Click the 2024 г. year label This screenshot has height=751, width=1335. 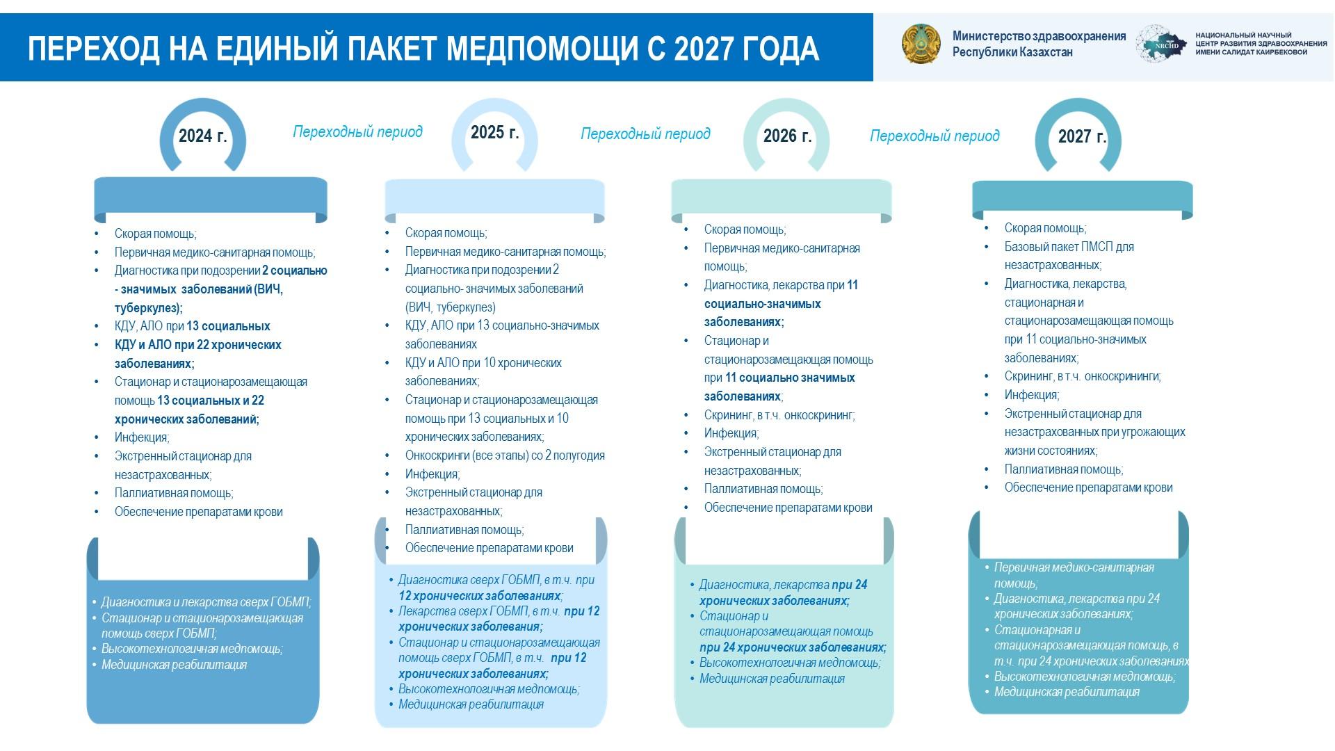point(202,135)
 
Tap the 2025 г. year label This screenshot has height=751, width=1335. point(494,132)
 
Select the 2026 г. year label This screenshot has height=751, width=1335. point(787,135)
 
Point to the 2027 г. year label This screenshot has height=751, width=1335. point(1082,136)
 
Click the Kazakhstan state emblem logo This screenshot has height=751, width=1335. point(921,44)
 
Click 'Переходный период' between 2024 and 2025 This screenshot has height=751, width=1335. point(357,131)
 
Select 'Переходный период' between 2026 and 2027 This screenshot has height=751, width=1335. point(934,136)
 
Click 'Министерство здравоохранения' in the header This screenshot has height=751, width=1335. point(1039,36)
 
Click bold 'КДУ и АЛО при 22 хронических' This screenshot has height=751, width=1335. point(198,345)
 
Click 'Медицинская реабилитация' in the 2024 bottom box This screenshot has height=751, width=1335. point(174,665)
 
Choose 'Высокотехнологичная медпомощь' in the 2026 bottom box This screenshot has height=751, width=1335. point(789,663)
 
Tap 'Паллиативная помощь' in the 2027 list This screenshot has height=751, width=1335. point(1063,469)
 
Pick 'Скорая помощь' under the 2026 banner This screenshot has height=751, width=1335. point(745,229)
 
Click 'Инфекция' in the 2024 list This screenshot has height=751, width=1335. point(141,437)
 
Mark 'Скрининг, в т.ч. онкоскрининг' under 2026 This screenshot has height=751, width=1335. point(779,415)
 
